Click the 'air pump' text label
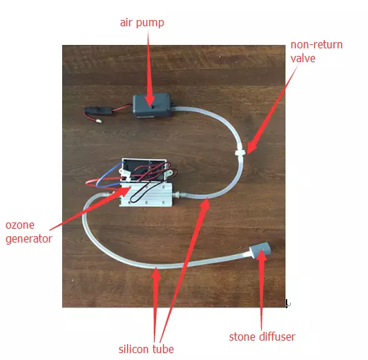(x=142, y=23)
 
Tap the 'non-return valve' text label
(x=316, y=51)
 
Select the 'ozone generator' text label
(x=28, y=232)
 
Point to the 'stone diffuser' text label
(x=262, y=337)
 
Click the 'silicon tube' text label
(x=146, y=349)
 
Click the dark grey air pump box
(x=152, y=106)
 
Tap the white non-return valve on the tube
(x=240, y=152)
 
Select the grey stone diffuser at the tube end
(x=260, y=250)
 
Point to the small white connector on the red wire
(x=99, y=121)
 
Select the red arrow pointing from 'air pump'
(x=149, y=70)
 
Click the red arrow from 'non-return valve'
(x=272, y=110)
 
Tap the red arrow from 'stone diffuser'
(x=260, y=290)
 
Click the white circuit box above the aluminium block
(x=144, y=171)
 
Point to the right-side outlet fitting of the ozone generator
(x=179, y=194)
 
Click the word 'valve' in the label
(x=303, y=58)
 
